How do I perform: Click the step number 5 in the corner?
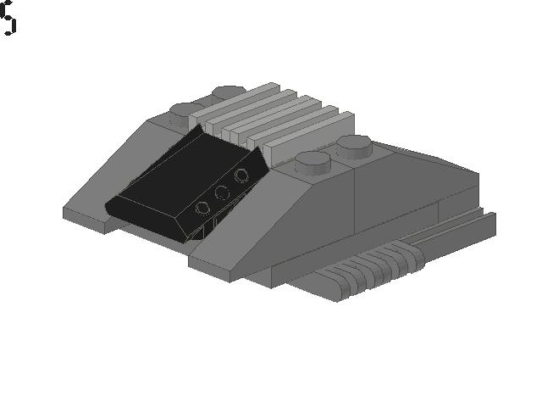[x=8, y=18]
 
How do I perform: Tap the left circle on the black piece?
[x=203, y=208]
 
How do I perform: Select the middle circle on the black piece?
[x=223, y=192]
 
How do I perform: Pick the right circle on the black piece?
[x=241, y=176]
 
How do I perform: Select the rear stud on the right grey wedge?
[x=355, y=146]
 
